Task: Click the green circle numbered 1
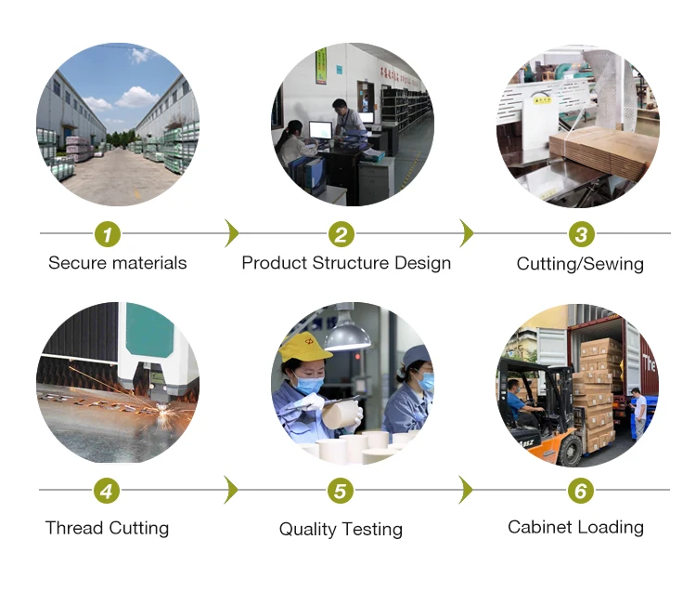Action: point(109,233)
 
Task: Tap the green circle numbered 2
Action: point(342,234)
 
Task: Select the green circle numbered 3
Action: point(581,234)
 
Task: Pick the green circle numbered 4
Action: point(108,490)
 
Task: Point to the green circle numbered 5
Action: point(342,490)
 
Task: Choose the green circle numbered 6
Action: point(581,490)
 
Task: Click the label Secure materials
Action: point(117,263)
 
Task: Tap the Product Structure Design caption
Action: point(346,263)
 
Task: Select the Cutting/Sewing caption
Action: point(580,264)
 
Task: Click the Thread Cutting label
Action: point(107,528)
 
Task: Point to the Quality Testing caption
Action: point(341,529)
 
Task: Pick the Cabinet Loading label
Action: point(575,527)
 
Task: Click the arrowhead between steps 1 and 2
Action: point(232,233)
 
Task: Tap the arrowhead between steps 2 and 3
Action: point(467,233)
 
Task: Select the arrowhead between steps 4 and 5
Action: point(232,490)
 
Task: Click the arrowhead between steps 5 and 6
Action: point(467,490)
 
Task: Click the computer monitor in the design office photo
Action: point(321,130)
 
